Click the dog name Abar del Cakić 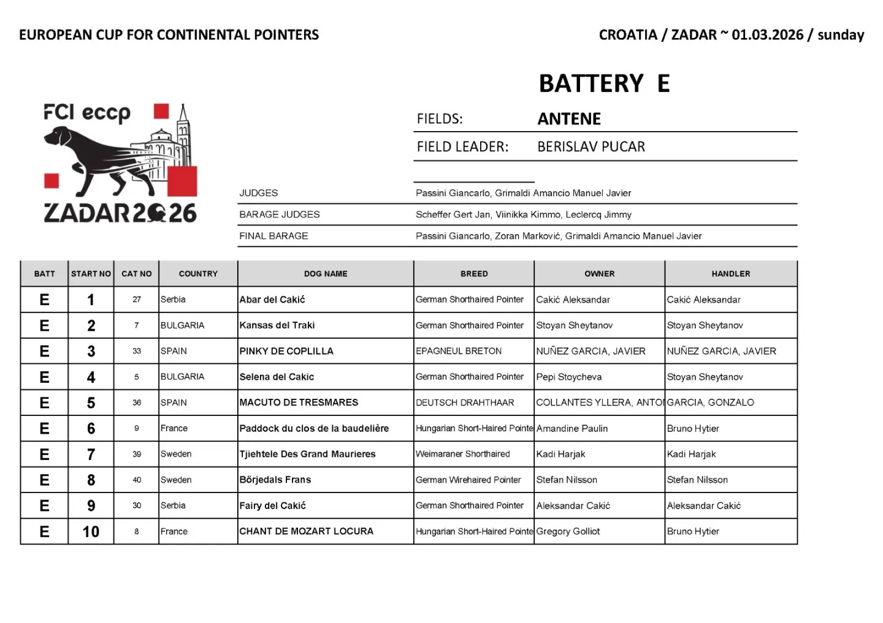point(272,300)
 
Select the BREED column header point(474,274)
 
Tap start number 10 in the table point(91,532)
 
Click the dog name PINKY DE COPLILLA point(286,351)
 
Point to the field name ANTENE point(569,119)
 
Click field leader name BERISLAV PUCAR point(591,147)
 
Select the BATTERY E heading point(604,84)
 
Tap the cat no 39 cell point(137,454)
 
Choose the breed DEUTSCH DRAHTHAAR point(465,402)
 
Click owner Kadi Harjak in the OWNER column point(560,454)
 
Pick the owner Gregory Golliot point(568,532)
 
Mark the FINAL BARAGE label point(273,236)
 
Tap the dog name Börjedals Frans point(275,480)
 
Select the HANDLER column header point(731,274)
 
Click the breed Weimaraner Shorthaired point(463,454)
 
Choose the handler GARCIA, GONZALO point(711,402)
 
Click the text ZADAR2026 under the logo point(120,213)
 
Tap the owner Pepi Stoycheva point(569,377)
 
